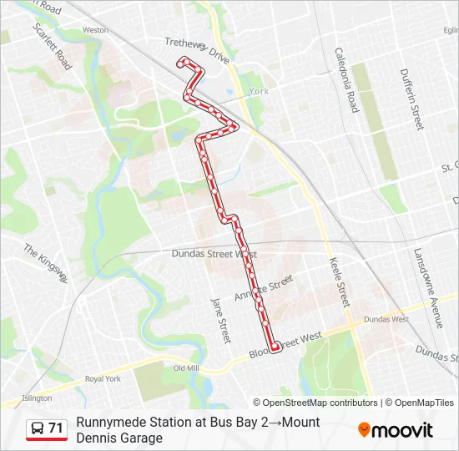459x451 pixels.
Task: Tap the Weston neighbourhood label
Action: point(96,30)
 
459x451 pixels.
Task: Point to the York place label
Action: point(259,91)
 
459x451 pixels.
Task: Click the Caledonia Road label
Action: point(346,79)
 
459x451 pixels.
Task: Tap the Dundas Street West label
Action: point(214,254)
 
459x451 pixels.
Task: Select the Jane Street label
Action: point(219,321)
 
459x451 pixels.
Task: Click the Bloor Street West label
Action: point(285,344)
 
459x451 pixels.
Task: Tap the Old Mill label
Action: point(185,368)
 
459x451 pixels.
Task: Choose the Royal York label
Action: point(103,378)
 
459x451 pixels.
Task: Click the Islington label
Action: point(37,398)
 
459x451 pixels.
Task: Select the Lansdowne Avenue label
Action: point(426,287)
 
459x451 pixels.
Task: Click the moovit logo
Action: point(396,430)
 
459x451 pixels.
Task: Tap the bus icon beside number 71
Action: point(38,428)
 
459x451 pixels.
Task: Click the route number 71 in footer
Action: point(56,428)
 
